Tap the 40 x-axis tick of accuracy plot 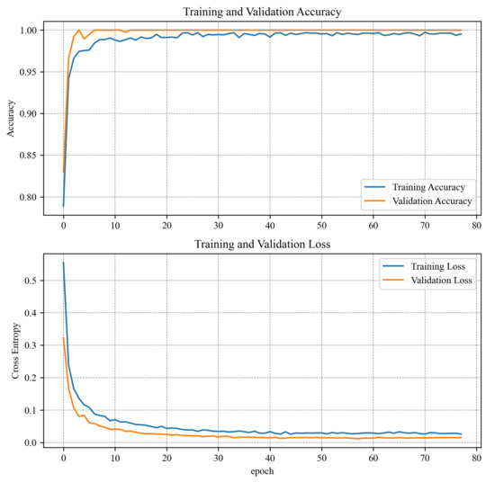pyautogui.click(x=269, y=228)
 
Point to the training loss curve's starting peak pyautogui.click(x=63, y=263)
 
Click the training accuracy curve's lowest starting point pyautogui.click(x=63, y=206)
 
